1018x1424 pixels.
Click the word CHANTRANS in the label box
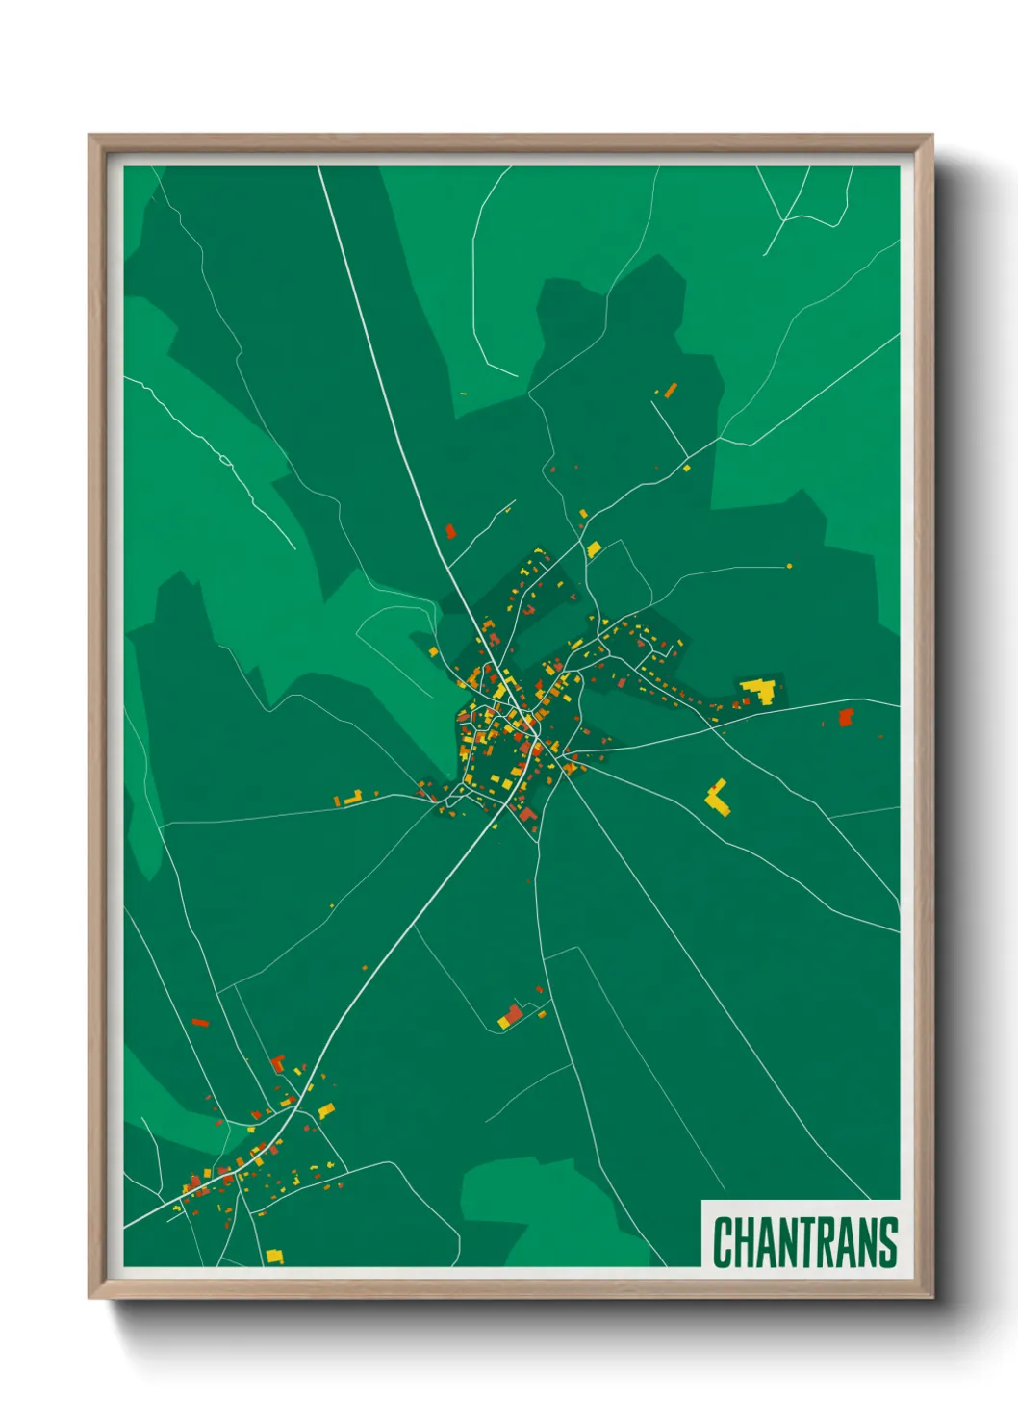click(804, 1242)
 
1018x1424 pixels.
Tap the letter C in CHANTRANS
click(723, 1242)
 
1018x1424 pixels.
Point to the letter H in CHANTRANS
click(744, 1242)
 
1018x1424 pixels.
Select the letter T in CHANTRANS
click(806, 1242)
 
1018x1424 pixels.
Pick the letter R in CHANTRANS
click(827, 1242)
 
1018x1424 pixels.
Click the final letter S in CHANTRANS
click(888, 1242)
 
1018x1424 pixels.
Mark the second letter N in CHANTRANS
click(868, 1242)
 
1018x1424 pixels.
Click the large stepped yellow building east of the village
click(761, 691)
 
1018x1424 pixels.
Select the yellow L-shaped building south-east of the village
click(717, 798)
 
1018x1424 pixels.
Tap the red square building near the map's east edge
click(846, 717)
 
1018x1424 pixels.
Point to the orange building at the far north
click(670, 390)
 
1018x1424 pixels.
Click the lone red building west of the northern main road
click(450, 531)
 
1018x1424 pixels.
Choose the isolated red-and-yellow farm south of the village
click(511, 1016)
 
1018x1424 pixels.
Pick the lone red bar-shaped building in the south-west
click(200, 1022)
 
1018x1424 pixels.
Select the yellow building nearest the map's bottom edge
click(274, 1256)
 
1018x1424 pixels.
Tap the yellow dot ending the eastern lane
click(790, 566)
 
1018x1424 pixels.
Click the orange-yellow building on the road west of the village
click(352, 798)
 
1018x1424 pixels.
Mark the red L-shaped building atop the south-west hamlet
click(278, 1062)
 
